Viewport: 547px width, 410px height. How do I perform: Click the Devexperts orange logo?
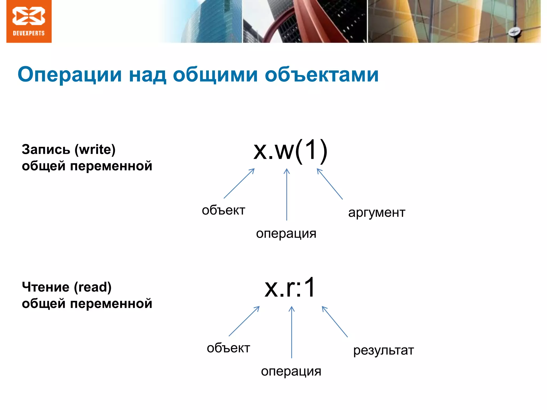(29, 21)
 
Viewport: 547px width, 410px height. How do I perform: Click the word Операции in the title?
(70, 75)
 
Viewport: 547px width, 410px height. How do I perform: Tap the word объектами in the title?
(322, 75)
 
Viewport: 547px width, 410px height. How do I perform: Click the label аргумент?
(377, 213)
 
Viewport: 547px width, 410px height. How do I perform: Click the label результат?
(383, 350)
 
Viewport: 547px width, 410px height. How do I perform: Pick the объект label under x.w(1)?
(223, 210)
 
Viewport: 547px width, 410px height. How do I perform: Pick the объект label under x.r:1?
(228, 348)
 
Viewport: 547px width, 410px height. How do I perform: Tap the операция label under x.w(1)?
(286, 234)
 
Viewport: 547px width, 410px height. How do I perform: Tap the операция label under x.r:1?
(291, 371)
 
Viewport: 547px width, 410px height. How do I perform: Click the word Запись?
(46, 149)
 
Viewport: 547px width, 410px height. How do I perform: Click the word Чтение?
(46, 287)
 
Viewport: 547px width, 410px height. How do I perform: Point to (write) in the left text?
(95, 149)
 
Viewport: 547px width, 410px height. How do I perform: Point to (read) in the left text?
(93, 287)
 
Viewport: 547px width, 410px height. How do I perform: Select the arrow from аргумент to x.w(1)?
(330, 184)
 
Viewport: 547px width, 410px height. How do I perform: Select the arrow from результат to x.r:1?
(335, 322)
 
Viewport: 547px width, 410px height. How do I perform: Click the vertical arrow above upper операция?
(287, 195)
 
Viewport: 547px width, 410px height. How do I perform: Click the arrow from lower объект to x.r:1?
(244, 321)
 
